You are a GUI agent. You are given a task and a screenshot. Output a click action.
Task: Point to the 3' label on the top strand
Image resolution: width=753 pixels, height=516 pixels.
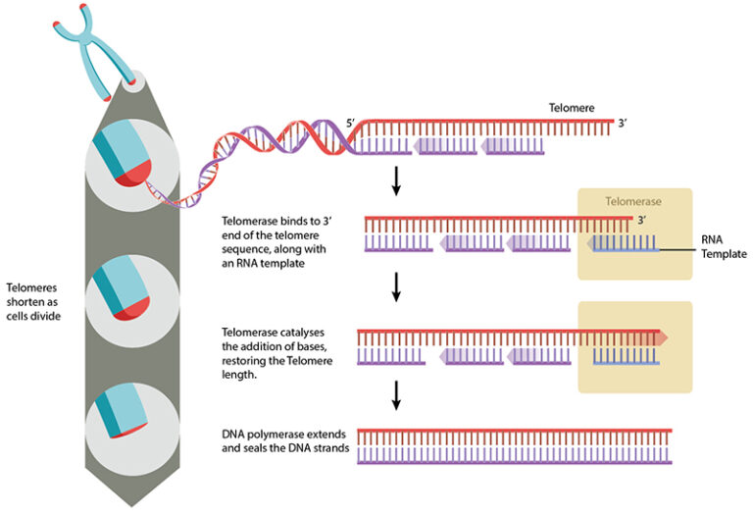pyautogui.click(x=623, y=125)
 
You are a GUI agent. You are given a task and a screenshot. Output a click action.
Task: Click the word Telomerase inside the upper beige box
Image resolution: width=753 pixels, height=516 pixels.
pyautogui.click(x=633, y=201)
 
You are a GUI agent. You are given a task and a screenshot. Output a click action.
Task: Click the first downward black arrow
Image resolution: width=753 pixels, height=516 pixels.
pyautogui.click(x=396, y=180)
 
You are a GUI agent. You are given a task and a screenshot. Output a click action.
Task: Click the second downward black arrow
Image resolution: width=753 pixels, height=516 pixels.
pyautogui.click(x=396, y=285)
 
